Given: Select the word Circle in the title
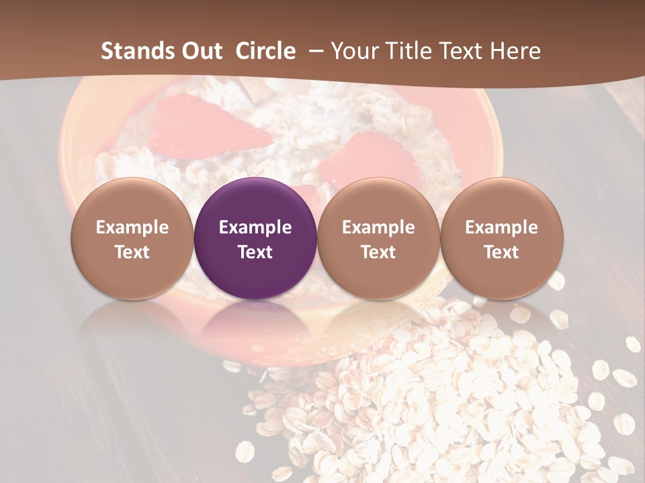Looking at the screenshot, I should pyautogui.click(x=265, y=51).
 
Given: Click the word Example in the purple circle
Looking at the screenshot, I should pyautogui.click(x=255, y=227).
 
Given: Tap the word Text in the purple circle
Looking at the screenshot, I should pyautogui.click(x=255, y=252).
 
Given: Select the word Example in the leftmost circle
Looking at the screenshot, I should pyautogui.click(x=132, y=227).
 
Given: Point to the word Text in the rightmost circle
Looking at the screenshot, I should pyautogui.click(x=501, y=252).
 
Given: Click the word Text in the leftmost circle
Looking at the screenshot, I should pyautogui.click(x=132, y=252).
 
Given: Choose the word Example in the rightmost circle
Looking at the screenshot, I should pyautogui.click(x=501, y=227).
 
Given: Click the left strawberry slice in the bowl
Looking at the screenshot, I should pyautogui.click(x=202, y=127).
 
